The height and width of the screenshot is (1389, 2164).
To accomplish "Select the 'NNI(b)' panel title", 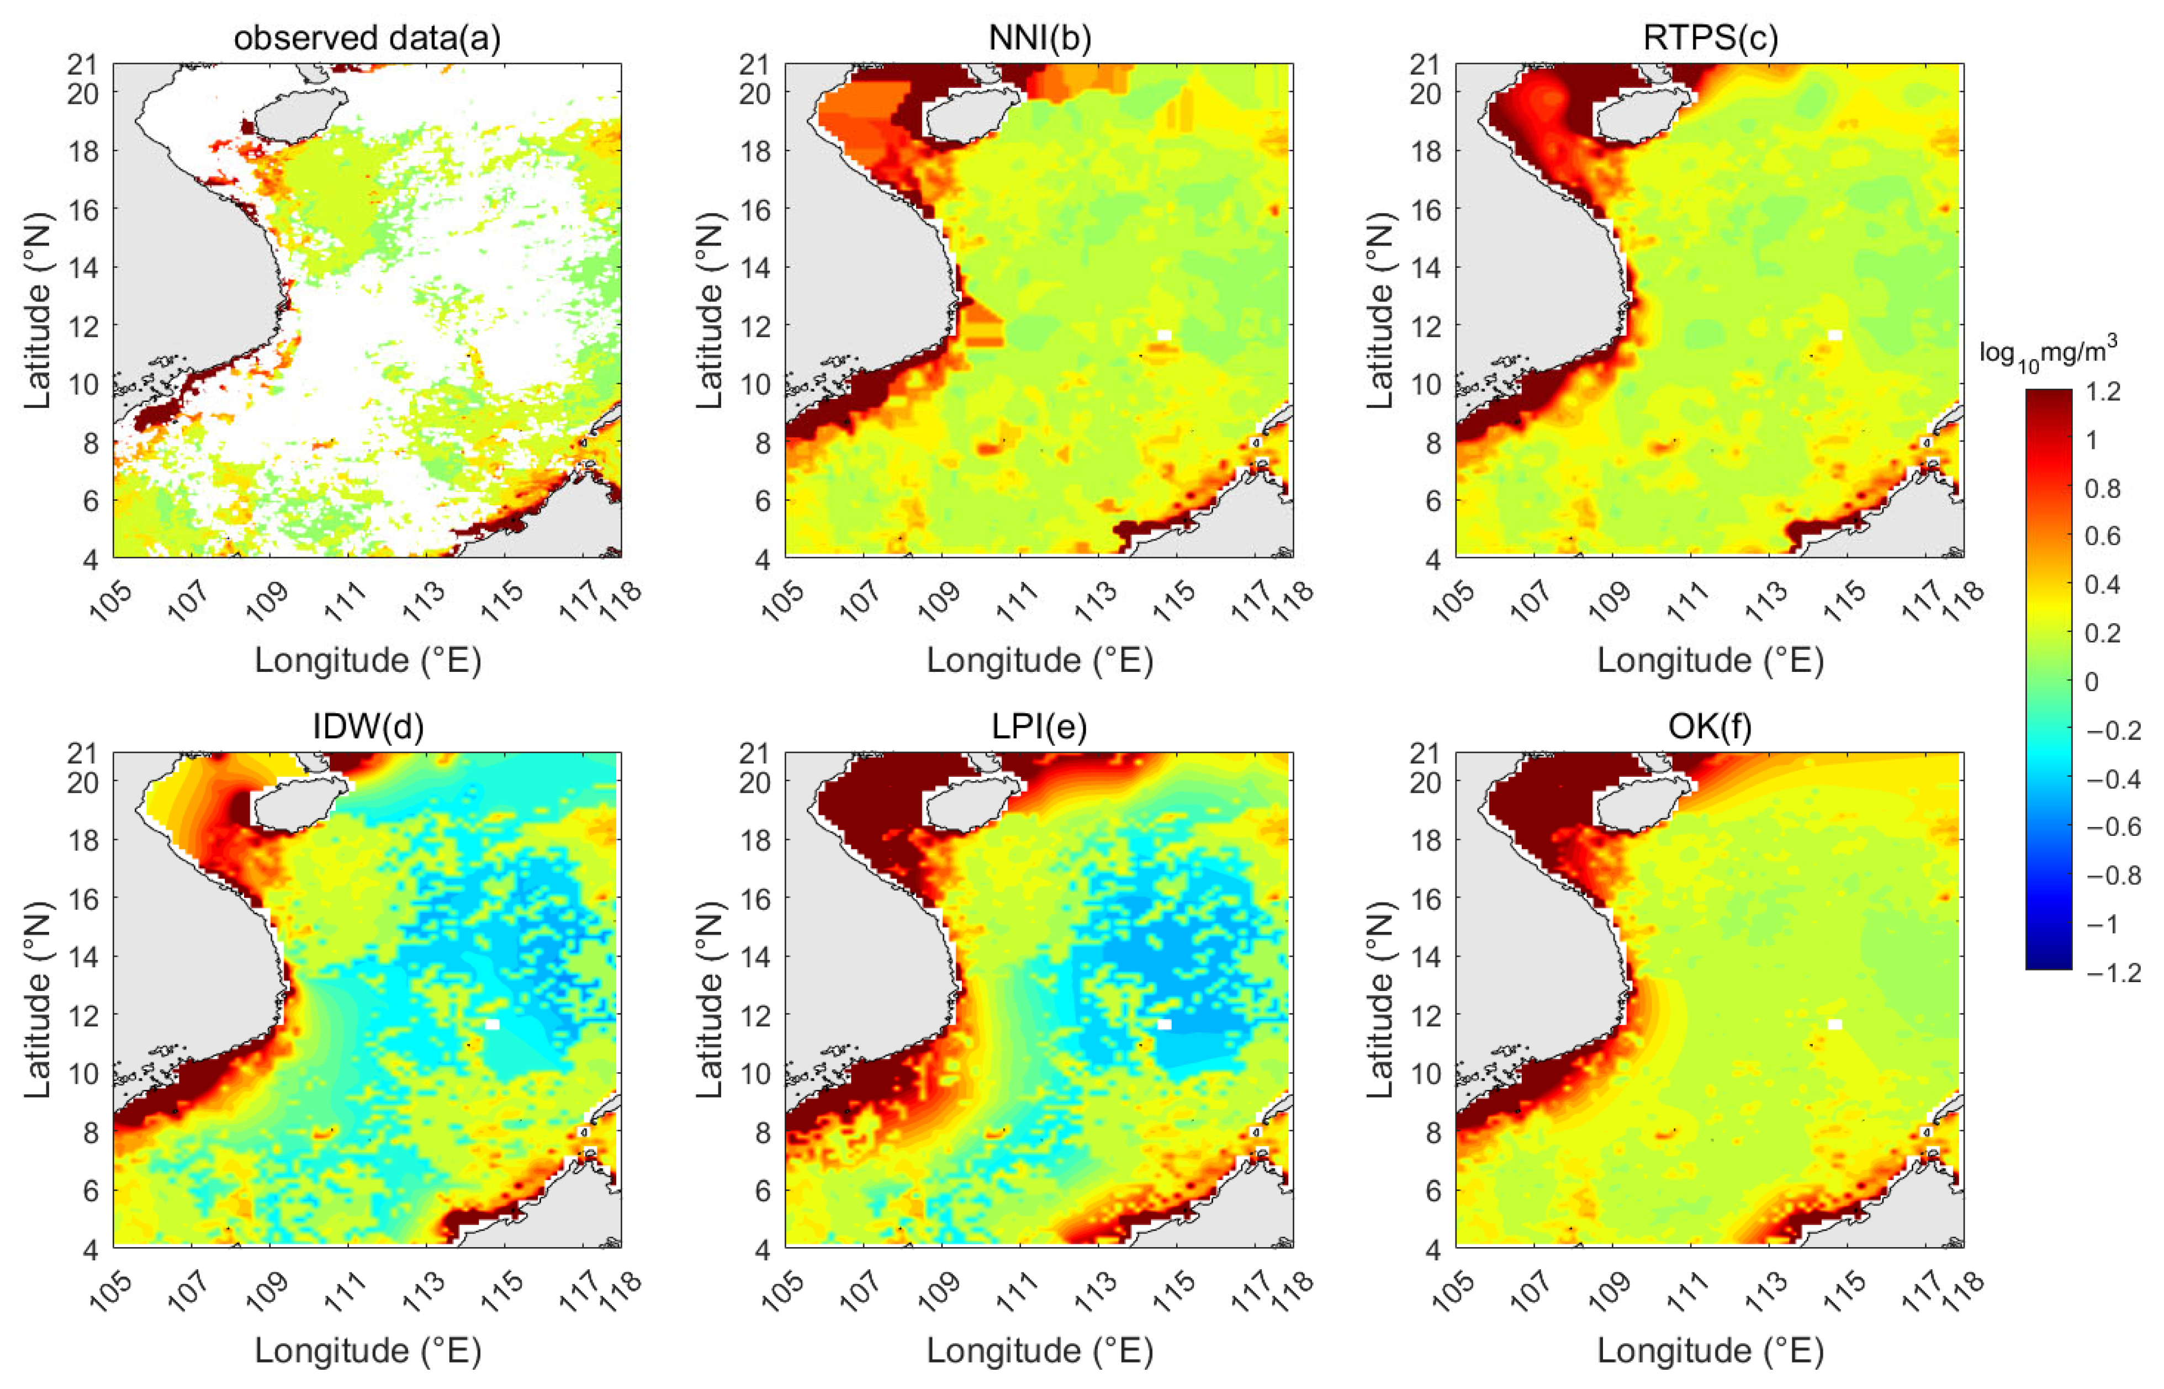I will [1039, 38].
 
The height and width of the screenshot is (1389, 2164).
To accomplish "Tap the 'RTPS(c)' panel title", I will [1710, 38].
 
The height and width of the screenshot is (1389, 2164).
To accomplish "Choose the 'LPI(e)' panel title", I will [1039, 727].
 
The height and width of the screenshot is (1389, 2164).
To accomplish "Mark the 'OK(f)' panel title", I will [1710, 727].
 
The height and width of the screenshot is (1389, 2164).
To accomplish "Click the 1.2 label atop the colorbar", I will [2103, 393].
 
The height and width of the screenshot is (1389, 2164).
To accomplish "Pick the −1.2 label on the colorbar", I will [2114, 972].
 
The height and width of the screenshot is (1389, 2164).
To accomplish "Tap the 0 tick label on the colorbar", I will [2092, 682].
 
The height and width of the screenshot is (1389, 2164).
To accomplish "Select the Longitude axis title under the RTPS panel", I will [1710, 660].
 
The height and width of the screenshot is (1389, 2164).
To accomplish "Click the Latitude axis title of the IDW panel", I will [36, 999].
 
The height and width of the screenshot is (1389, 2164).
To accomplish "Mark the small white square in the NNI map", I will [1163, 336].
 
